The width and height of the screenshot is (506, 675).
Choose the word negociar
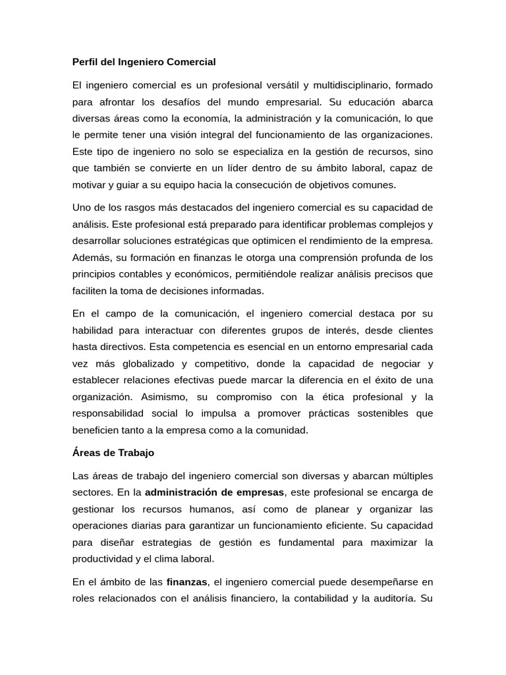[398, 363]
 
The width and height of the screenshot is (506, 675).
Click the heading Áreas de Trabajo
[113, 453]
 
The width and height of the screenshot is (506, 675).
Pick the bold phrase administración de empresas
[214, 492]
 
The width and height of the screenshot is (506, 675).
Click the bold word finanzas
[187, 581]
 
